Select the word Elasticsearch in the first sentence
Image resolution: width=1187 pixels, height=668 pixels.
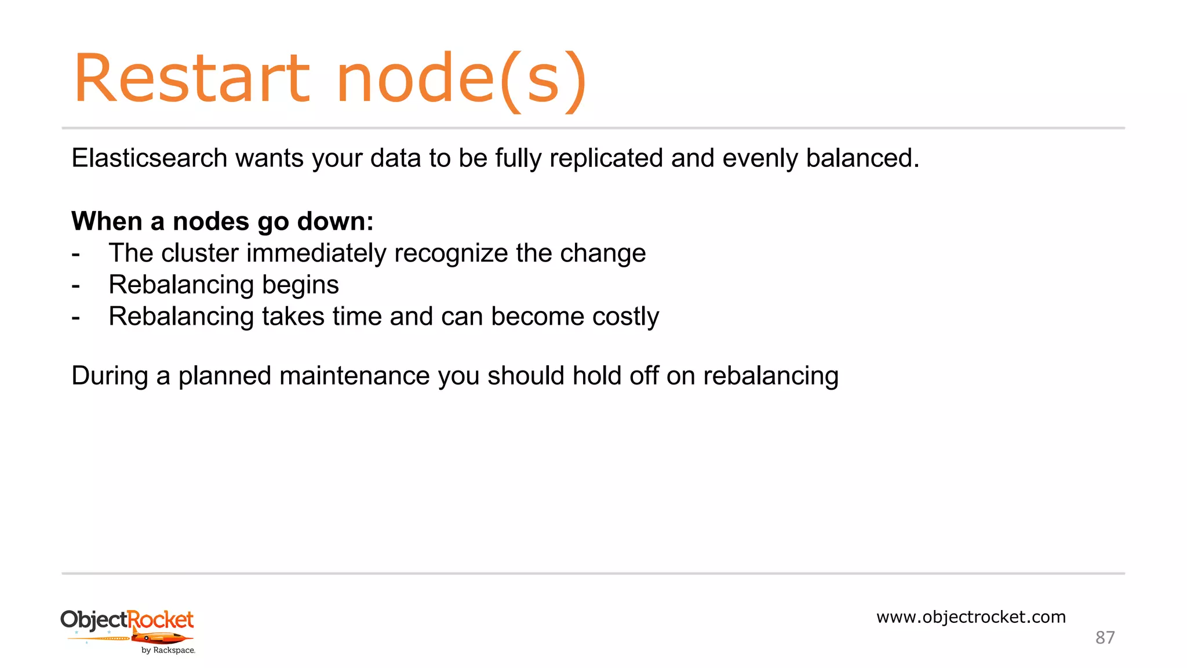(149, 158)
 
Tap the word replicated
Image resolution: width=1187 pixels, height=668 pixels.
(606, 158)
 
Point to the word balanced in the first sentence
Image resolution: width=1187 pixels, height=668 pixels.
(862, 158)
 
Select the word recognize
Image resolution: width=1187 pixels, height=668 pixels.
(451, 253)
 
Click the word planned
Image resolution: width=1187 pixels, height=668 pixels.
(225, 376)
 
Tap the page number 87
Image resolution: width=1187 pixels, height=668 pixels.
(1105, 638)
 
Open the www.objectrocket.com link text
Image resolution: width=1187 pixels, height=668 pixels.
(971, 617)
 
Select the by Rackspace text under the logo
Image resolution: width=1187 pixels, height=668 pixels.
(168, 651)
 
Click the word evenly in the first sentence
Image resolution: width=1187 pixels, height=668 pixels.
(759, 158)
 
